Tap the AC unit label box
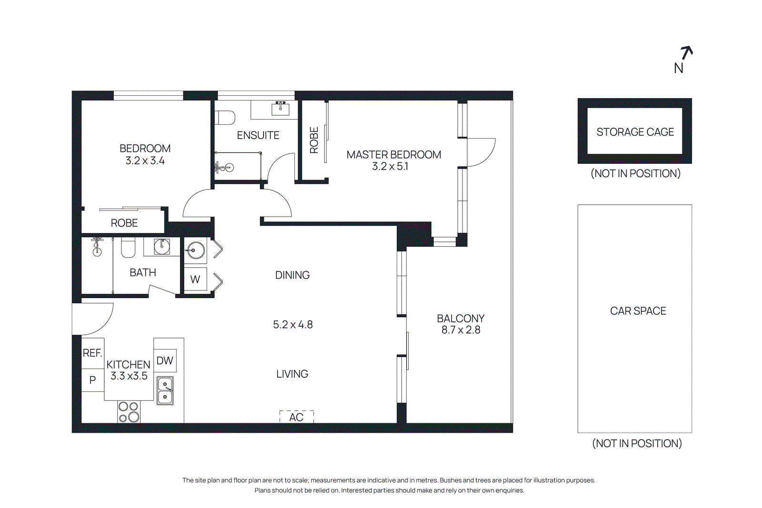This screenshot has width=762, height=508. click(x=296, y=417)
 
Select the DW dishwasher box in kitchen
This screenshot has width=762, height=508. click(x=165, y=360)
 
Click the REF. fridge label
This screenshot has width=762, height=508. click(x=92, y=353)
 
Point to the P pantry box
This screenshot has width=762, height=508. click(x=92, y=380)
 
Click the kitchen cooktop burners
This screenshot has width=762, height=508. click(x=129, y=412)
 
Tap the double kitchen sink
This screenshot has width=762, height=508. click(x=165, y=390)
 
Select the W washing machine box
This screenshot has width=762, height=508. click(x=195, y=279)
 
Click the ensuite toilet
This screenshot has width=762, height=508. click(x=225, y=117)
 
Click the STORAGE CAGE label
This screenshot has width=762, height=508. click(x=635, y=132)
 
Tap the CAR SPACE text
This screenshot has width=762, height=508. click(x=638, y=311)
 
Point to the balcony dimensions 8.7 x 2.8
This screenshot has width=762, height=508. click(x=461, y=330)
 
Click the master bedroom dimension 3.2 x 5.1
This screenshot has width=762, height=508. click(x=390, y=167)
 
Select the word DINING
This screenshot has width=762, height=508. click(x=292, y=275)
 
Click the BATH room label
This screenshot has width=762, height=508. click(x=143, y=272)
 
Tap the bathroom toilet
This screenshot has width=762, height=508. click(x=128, y=248)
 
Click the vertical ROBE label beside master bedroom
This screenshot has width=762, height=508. click(x=314, y=140)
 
